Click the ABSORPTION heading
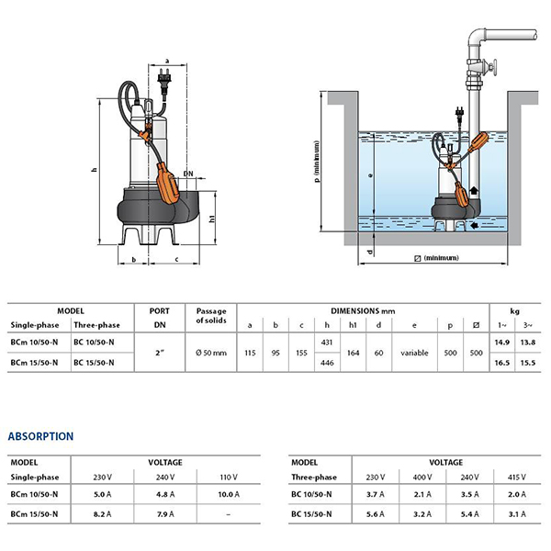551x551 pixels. [x=41, y=435]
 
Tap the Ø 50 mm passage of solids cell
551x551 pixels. [x=211, y=353]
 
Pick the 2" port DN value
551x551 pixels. [x=161, y=353]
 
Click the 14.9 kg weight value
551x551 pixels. [x=501, y=343]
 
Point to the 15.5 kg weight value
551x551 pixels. [x=527, y=364]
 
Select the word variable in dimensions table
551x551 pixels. [x=414, y=353]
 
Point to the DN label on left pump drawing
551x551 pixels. [x=187, y=173]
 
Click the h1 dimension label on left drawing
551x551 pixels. [x=214, y=219]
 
